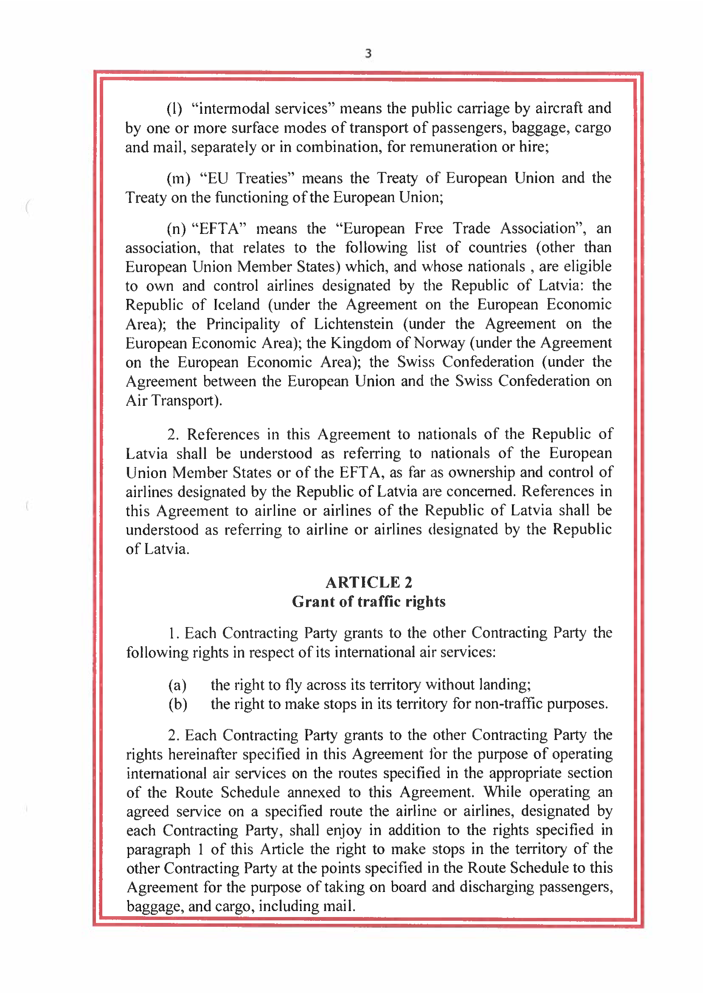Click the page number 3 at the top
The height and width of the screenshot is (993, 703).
(368, 53)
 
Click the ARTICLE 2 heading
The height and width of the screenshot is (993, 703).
(369, 582)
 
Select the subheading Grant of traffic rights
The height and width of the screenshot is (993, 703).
(369, 602)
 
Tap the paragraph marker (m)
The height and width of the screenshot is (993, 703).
(178, 178)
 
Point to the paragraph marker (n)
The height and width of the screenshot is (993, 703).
(176, 228)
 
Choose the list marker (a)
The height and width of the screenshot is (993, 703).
(177, 685)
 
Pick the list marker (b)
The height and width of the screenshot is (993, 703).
(178, 704)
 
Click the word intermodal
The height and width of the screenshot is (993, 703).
(235, 108)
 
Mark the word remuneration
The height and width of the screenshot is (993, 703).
(453, 147)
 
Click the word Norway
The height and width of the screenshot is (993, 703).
(439, 343)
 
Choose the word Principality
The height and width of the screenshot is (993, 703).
(243, 324)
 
